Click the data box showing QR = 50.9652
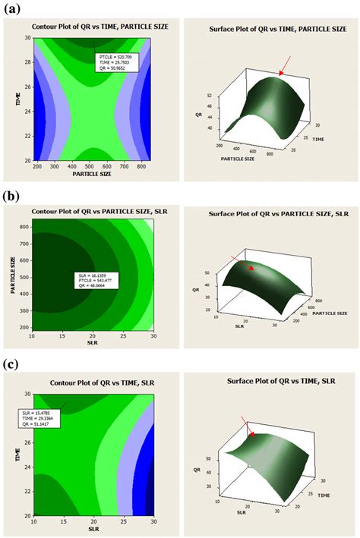(x=116, y=62)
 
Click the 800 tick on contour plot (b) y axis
(x=24, y=225)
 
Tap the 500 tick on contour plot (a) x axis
(x=93, y=165)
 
